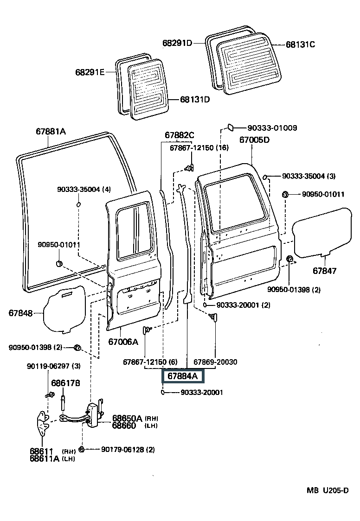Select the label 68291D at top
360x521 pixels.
[177, 43]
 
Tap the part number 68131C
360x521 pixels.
[300, 44]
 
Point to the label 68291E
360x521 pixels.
[90, 72]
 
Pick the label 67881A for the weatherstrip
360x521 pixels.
[51, 131]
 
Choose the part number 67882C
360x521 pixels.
[179, 135]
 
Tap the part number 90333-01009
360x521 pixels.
[272, 127]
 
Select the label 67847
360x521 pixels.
[324, 271]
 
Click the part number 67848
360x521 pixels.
[20, 313]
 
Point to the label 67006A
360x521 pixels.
[123, 342]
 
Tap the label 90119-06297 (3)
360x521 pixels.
[53, 366]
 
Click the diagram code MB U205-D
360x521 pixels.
[327, 490]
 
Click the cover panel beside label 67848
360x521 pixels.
[65, 308]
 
